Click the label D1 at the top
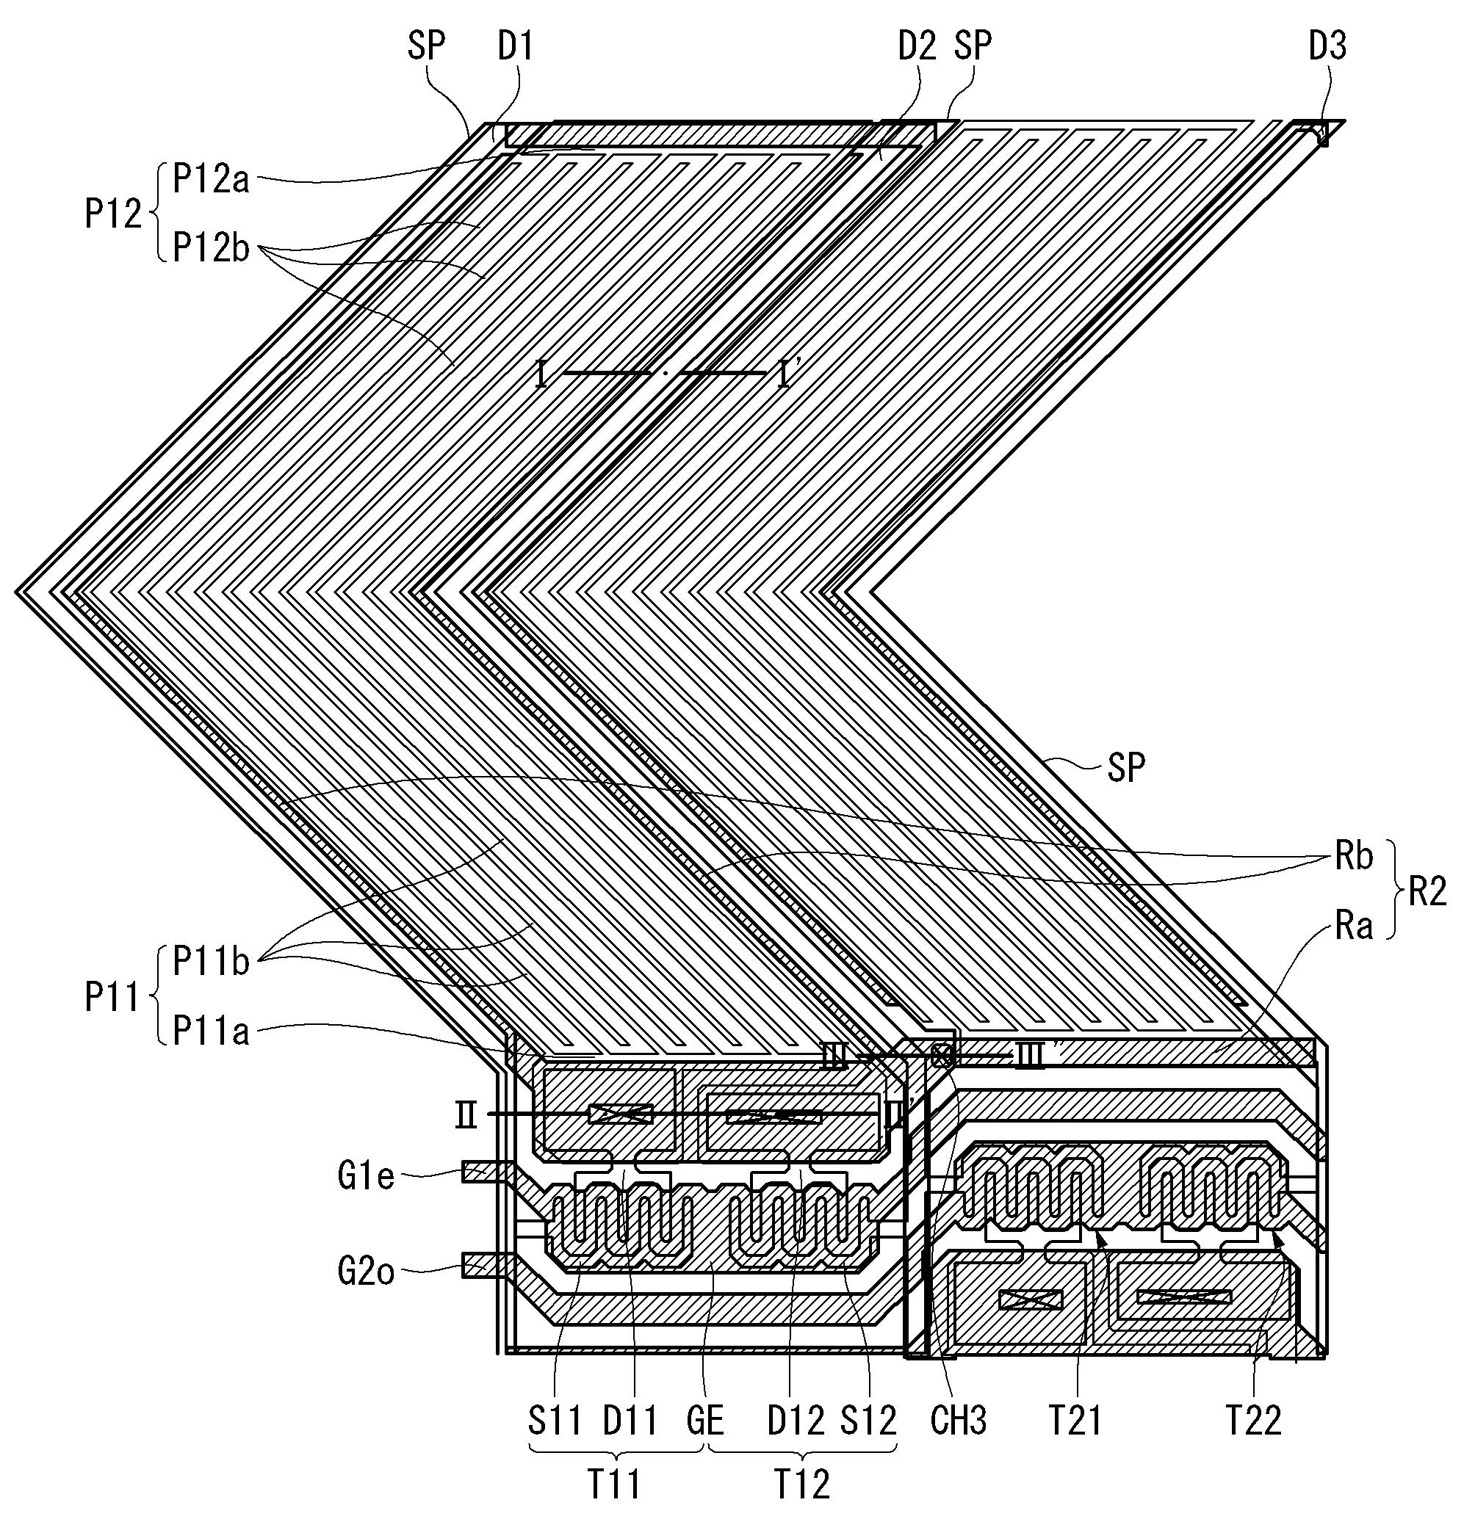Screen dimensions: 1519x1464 (x=516, y=47)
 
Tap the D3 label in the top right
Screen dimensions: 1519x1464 (x=1327, y=47)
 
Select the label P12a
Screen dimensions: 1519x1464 (x=210, y=180)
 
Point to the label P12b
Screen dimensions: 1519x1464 (x=210, y=248)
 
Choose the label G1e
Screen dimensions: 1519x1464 (x=366, y=1177)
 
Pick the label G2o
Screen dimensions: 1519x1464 (x=366, y=1272)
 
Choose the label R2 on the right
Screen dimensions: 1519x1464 (x=1427, y=893)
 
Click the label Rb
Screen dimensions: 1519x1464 (x=1354, y=856)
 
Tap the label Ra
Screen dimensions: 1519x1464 (x=1354, y=926)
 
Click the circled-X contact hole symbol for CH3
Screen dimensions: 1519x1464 (x=942, y=1055)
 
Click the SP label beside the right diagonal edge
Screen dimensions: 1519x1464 (x=1126, y=768)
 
